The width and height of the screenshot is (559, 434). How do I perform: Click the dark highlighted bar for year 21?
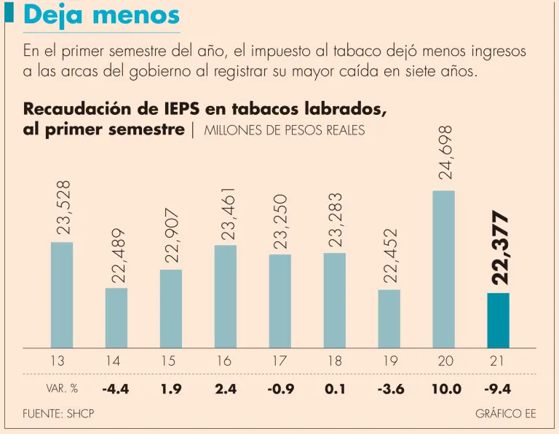point(498,320)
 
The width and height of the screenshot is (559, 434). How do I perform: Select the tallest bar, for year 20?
point(443,269)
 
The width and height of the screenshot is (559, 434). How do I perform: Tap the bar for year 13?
point(62,294)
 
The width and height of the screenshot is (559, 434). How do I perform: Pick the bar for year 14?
point(116,318)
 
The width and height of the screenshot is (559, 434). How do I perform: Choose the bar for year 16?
point(226,296)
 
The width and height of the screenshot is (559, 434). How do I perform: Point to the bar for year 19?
point(389,318)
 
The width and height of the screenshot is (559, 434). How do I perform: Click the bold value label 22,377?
point(499,248)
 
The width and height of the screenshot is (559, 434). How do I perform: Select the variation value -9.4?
point(498,389)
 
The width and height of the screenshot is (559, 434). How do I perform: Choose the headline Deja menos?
point(102,15)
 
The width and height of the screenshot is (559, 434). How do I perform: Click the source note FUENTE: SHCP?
point(58,414)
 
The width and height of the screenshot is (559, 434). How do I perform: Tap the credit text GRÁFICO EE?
point(505,414)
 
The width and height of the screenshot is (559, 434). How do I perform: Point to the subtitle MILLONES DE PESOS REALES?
point(284,131)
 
